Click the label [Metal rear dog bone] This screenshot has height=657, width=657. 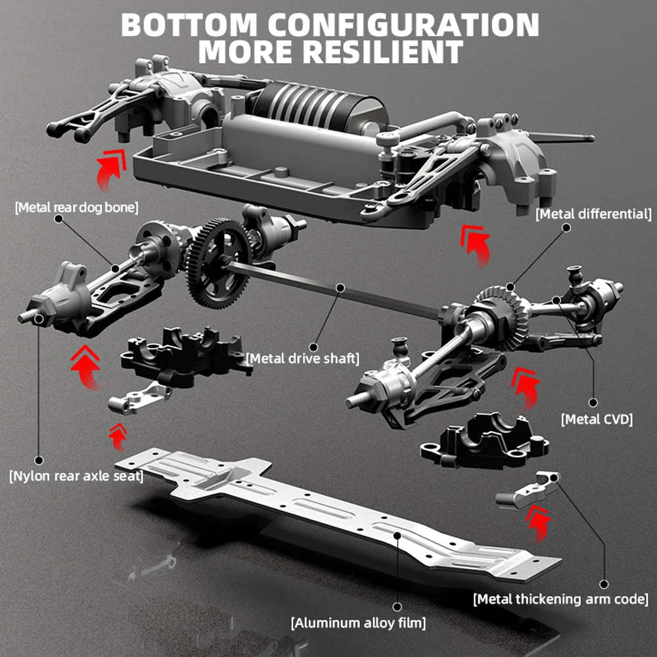pyautogui.click(x=76, y=208)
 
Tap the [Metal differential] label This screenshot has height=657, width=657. pyautogui.click(x=594, y=214)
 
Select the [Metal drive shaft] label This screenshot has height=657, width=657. pyautogui.click(x=303, y=358)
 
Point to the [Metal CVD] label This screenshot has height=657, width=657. pyautogui.click(x=597, y=418)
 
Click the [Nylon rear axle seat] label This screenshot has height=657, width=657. pyautogui.click(x=76, y=476)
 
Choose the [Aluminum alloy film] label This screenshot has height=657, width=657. pyautogui.click(x=359, y=622)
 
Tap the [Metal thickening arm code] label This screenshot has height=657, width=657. pyautogui.click(x=561, y=599)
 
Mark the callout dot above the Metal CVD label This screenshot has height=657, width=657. pyautogui.click(x=593, y=402)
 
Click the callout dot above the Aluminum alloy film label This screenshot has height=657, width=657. pyautogui.click(x=397, y=605)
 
